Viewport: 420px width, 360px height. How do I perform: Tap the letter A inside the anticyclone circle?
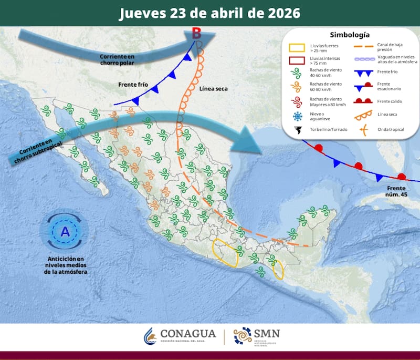tap(65, 231)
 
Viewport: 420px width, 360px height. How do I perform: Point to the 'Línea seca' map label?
tap(214, 88)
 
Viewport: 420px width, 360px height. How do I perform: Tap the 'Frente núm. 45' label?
tap(397, 191)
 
